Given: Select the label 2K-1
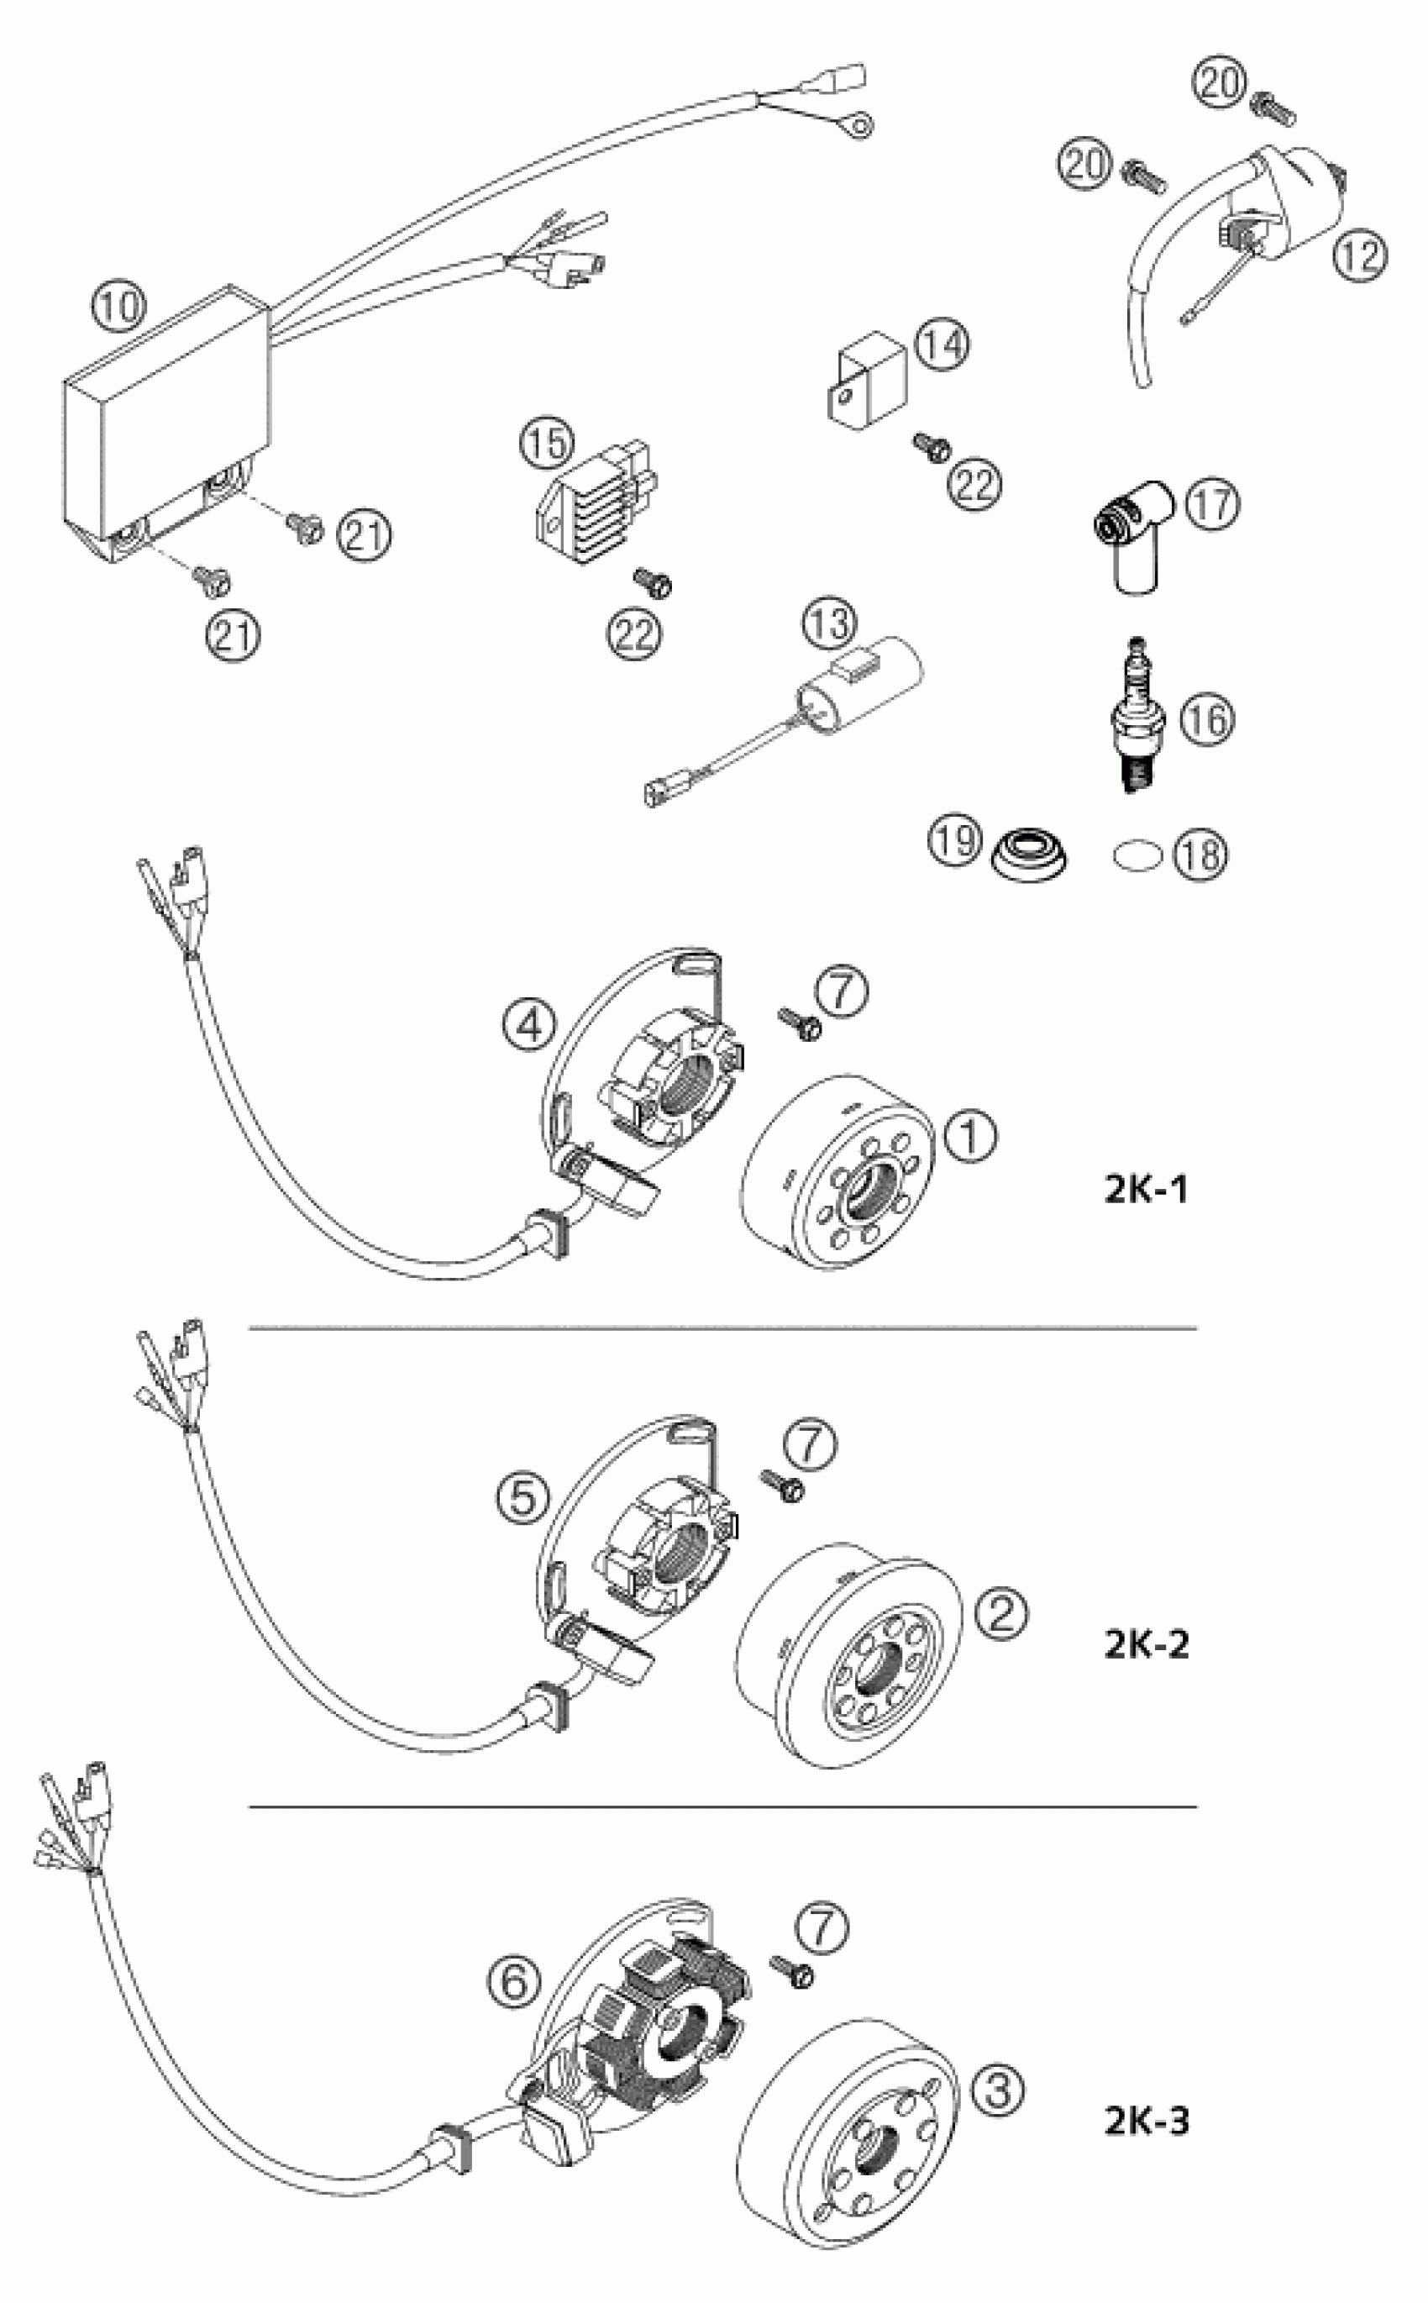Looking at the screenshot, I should [1145, 1189].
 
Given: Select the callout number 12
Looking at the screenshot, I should [1360, 255].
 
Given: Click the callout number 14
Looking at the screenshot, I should [942, 344].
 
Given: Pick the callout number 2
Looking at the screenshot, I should [1001, 1613].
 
